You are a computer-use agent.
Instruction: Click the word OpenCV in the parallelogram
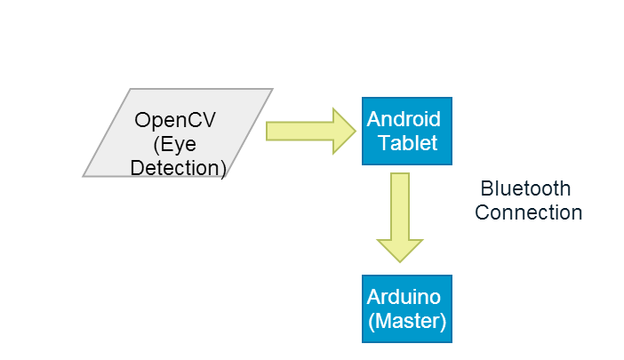[177, 120]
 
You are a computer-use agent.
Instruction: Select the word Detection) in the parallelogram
[178, 166]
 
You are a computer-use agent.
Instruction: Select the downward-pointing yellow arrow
[400, 217]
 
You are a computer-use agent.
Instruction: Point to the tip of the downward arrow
[400, 260]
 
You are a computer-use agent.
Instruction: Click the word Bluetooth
[525, 188]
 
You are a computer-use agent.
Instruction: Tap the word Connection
[528, 212]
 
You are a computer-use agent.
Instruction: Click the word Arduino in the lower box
[404, 296]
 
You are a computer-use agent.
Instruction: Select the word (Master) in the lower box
[406, 320]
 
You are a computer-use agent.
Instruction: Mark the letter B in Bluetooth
[486, 188]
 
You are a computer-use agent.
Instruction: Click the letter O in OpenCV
[143, 120]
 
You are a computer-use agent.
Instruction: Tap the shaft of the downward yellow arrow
[400, 204]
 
